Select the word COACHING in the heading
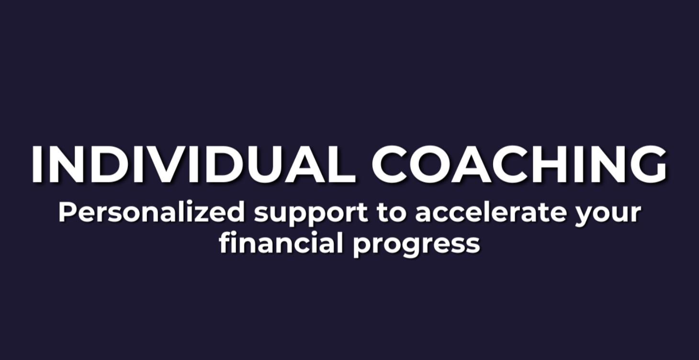519,164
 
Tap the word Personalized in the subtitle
151,212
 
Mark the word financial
281,243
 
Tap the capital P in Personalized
67,212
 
